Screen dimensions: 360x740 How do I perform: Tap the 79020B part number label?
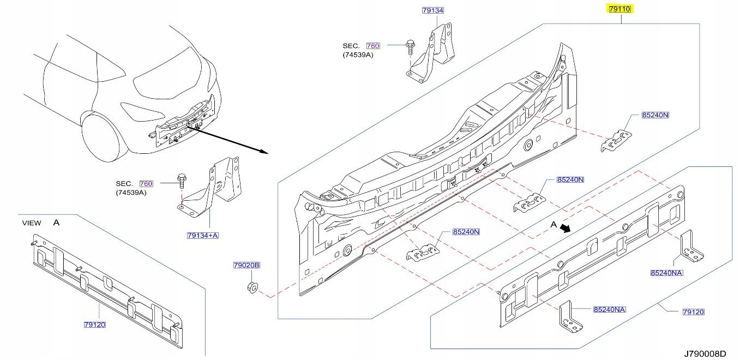(x=246, y=265)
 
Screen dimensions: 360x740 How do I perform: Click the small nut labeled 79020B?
(x=252, y=287)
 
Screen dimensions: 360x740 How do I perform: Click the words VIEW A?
(x=40, y=223)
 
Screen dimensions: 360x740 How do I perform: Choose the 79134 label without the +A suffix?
(x=432, y=10)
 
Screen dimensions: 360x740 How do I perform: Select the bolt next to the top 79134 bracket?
(x=409, y=46)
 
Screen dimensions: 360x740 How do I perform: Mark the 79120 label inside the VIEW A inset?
(x=94, y=325)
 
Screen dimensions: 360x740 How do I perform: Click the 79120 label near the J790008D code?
(x=694, y=312)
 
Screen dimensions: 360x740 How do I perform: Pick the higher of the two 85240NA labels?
(x=666, y=273)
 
